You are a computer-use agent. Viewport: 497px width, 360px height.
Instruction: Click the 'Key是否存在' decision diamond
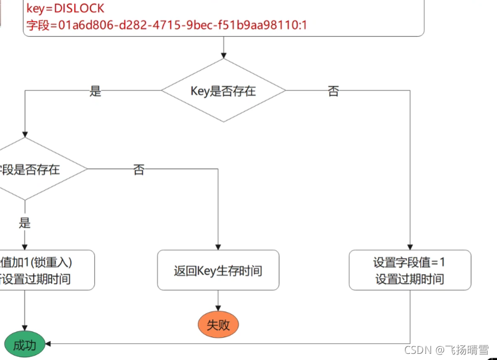(x=223, y=91)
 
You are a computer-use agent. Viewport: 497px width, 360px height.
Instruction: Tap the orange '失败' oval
(x=218, y=325)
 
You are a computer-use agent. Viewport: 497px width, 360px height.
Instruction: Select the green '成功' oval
(x=25, y=345)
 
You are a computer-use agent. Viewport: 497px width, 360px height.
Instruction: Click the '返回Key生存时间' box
(x=218, y=270)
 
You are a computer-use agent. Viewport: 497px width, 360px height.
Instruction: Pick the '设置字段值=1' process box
(x=410, y=270)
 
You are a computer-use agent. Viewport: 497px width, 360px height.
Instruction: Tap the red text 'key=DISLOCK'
(x=65, y=9)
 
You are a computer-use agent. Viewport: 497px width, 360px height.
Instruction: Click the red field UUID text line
(x=167, y=25)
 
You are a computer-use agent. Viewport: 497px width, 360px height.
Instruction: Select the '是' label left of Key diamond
(x=95, y=91)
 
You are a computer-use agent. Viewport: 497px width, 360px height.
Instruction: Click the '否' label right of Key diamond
(x=333, y=91)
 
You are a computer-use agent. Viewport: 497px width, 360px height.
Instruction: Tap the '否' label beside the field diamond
(x=139, y=170)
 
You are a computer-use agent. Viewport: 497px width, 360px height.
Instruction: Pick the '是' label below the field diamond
(x=25, y=223)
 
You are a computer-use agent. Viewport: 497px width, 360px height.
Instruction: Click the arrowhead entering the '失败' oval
(x=218, y=308)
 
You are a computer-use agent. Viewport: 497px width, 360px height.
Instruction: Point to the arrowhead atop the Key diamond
(x=223, y=55)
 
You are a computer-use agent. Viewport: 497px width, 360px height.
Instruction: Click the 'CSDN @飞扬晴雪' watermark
(x=446, y=350)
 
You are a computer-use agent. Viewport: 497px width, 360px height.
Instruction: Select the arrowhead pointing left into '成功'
(x=48, y=344)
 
